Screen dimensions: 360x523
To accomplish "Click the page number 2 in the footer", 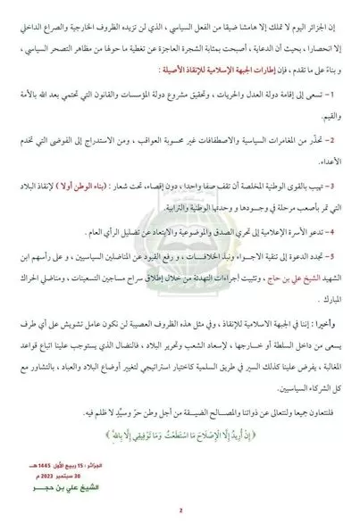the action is point(180,511).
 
